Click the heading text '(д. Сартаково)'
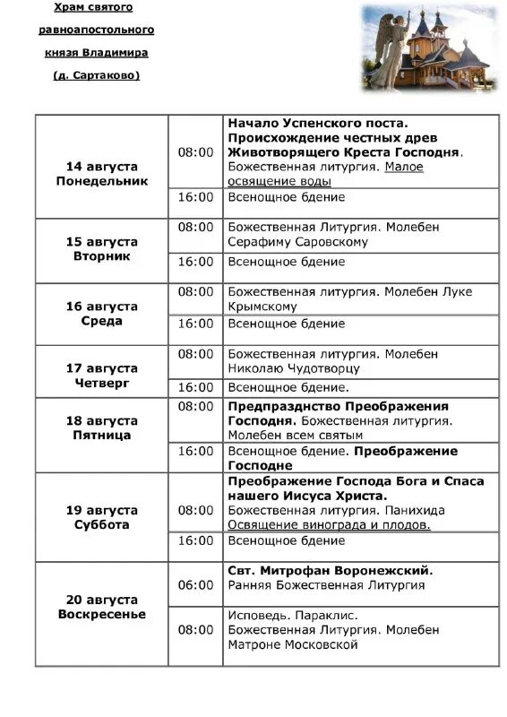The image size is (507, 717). pyautogui.click(x=96, y=75)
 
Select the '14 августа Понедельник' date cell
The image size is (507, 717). pyautogui.click(x=101, y=174)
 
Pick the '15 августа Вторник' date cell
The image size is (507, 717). pyautogui.click(x=101, y=249)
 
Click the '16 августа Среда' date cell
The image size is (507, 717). pyautogui.click(x=101, y=314)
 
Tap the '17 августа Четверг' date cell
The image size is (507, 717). pyautogui.click(x=101, y=376)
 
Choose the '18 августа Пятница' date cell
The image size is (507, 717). pyautogui.click(x=101, y=428)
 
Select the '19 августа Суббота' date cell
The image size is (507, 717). pyautogui.click(x=101, y=518)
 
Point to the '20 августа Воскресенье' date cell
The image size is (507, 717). pyautogui.click(x=101, y=608)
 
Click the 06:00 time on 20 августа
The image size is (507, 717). pyautogui.click(x=195, y=585)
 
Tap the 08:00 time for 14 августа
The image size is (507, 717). pyautogui.click(x=195, y=152)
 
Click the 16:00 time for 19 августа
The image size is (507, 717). pyautogui.click(x=195, y=540)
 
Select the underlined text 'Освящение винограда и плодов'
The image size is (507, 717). pyautogui.click(x=329, y=525)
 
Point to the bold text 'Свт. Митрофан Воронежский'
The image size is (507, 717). pyautogui.click(x=330, y=570)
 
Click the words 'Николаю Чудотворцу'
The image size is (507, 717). pyautogui.click(x=294, y=368)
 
